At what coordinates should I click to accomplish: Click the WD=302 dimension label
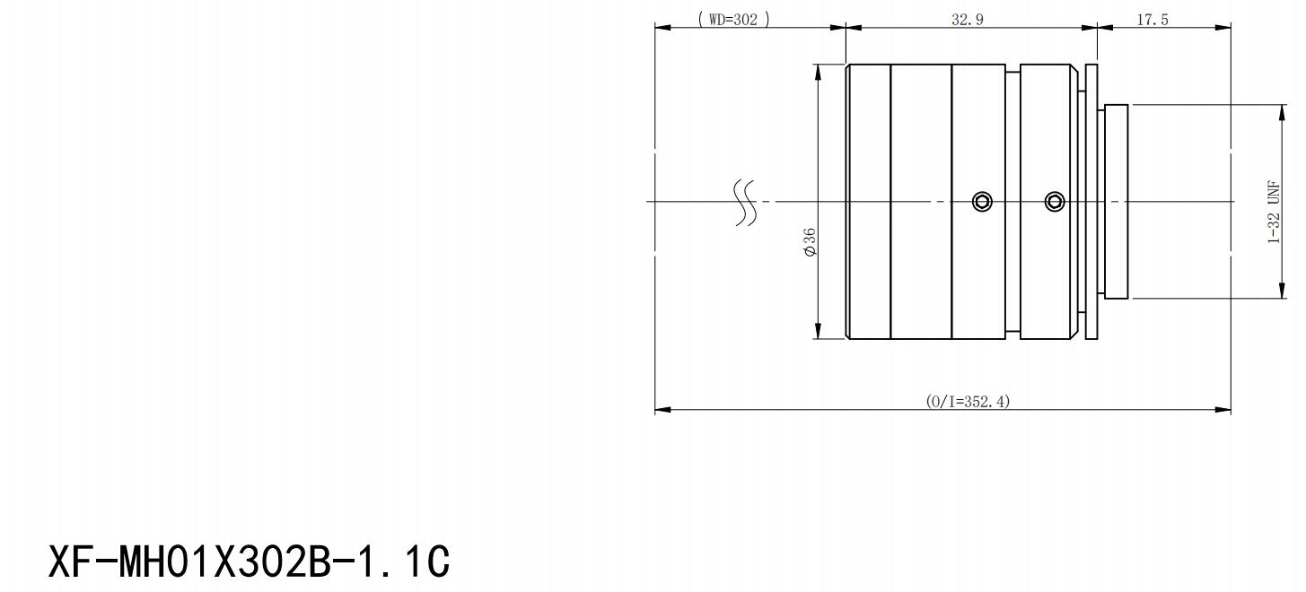[x=733, y=19]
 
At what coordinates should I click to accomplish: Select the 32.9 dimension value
[x=968, y=20]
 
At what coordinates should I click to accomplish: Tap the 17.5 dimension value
[x=1153, y=20]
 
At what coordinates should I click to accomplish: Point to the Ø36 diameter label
[x=810, y=242]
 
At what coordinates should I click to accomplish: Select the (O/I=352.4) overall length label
[x=968, y=401]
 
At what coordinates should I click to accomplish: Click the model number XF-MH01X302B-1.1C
[x=249, y=562]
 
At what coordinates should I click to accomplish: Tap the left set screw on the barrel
[x=982, y=202]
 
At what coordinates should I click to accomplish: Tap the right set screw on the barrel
[x=1055, y=202]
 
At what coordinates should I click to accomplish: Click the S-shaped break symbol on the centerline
[x=746, y=202]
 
